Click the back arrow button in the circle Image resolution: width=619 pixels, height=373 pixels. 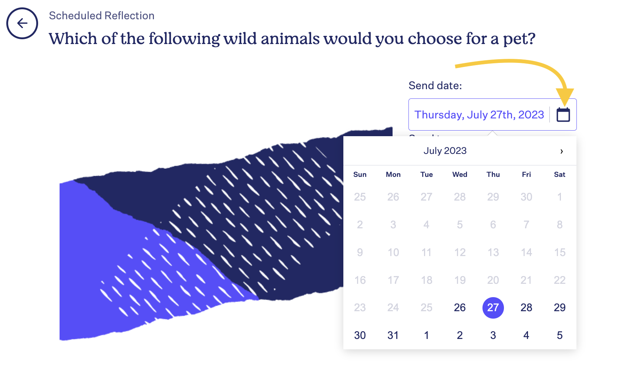point(22,23)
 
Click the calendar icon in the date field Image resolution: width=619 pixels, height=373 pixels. point(563,115)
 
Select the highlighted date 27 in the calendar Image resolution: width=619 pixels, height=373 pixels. point(493,308)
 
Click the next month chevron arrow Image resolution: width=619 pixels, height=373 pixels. point(562,151)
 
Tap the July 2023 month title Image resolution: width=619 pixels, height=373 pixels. point(445,151)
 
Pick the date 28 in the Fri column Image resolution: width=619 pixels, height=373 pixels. point(527,308)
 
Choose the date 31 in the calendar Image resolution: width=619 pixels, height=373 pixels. point(393,335)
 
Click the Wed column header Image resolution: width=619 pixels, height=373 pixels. point(460,174)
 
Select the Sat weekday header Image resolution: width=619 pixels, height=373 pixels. point(559,174)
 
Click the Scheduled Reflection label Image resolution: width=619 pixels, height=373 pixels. point(102,16)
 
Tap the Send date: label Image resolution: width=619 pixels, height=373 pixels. point(435,85)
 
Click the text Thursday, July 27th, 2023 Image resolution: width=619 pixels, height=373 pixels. point(479,115)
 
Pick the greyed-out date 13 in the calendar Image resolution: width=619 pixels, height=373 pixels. point(493,252)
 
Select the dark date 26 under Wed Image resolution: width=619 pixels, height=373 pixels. point(460,308)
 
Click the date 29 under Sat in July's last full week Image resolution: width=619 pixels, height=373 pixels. point(559,308)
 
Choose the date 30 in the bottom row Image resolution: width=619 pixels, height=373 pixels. point(360,335)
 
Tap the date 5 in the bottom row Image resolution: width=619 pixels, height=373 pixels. point(559,335)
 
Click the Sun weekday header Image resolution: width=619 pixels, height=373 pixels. point(360,174)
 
